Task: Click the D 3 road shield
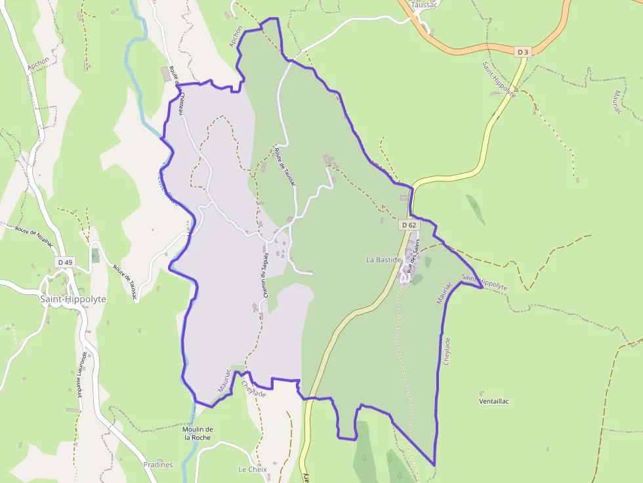(522, 51)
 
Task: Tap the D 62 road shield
(408, 225)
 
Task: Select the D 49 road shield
(65, 262)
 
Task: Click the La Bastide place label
(383, 260)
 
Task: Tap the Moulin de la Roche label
(197, 433)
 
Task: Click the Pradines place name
(158, 465)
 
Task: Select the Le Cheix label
(252, 470)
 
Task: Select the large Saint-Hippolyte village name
(73, 299)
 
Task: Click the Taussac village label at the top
(423, 5)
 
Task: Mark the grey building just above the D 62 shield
(404, 197)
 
